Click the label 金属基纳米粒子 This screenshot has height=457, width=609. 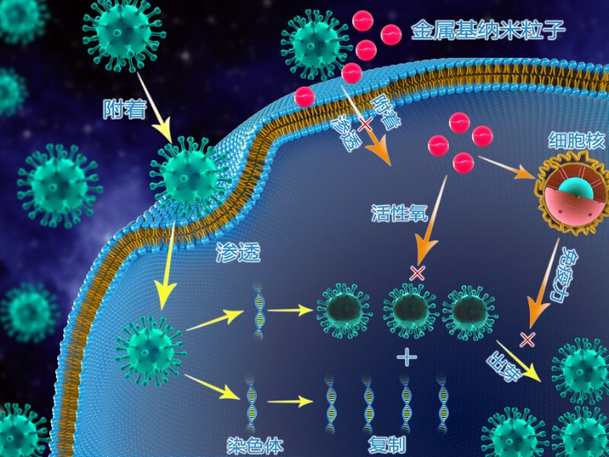488,33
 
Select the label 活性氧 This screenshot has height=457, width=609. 398,213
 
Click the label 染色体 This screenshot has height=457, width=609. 256,446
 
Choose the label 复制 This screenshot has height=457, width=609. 388,445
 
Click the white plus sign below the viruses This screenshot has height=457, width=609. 406,357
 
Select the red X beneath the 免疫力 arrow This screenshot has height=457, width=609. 527,338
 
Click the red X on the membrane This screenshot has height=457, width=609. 363,126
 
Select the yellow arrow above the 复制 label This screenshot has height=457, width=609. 290,403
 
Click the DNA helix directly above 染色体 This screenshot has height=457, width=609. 251,401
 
